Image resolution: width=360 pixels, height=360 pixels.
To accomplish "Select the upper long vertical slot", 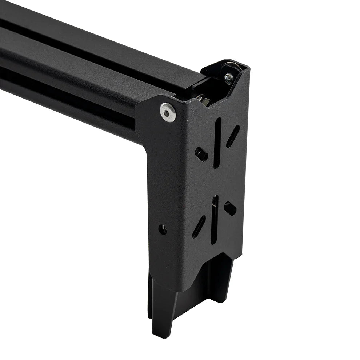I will (x=217, y=143).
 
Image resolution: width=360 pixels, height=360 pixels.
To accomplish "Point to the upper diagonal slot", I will (x=233, y=136).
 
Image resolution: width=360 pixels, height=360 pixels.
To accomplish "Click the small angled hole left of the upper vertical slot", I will (x=201, y=154).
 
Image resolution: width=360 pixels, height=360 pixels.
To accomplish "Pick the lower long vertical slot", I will (x=215, y=219).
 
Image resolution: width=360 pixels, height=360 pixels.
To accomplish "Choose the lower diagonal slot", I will (x=199, y=227).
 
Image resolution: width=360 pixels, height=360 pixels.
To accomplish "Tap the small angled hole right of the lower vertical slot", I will (x=230, y=208).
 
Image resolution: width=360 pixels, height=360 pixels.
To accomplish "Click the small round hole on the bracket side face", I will (x=163, y=229).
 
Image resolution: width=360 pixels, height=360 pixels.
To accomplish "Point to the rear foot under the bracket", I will (x=220, y=280).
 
